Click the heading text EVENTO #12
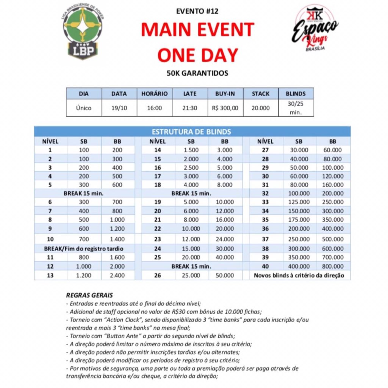(x=197, y=11)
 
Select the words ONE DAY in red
(x=197, y=54)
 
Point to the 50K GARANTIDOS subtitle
(x=197, y=73)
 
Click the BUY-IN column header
(x=225, y=94)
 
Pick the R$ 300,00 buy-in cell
(x=225, y=108)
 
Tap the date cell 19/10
(x=119, y=108)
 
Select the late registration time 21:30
(x=190, y=108)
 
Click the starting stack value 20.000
(x=261, y=108)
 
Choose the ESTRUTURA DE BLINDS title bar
(x=191, y=132)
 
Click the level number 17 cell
(x=158, y=176)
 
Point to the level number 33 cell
(x=265, y=202)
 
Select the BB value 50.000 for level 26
(x=224, y=275)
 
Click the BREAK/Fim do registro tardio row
(x=84, y=249)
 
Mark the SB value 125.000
(x=299, y=202)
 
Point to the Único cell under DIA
(x=84, y=108)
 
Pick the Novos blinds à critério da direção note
(x=299, y=275)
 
